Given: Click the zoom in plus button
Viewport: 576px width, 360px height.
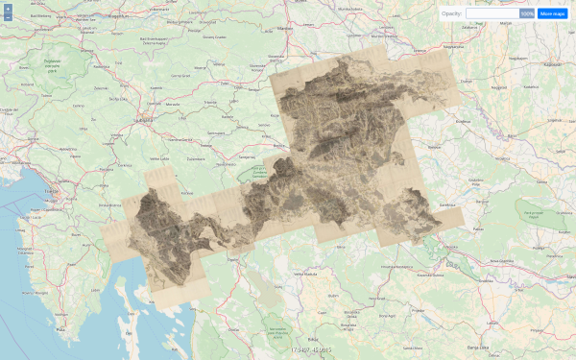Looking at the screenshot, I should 8,9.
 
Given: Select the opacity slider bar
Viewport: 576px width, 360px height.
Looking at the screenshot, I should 492,13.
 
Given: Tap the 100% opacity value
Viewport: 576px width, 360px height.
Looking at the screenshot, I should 527,13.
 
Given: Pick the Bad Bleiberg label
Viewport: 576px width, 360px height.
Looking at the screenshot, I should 41,16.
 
